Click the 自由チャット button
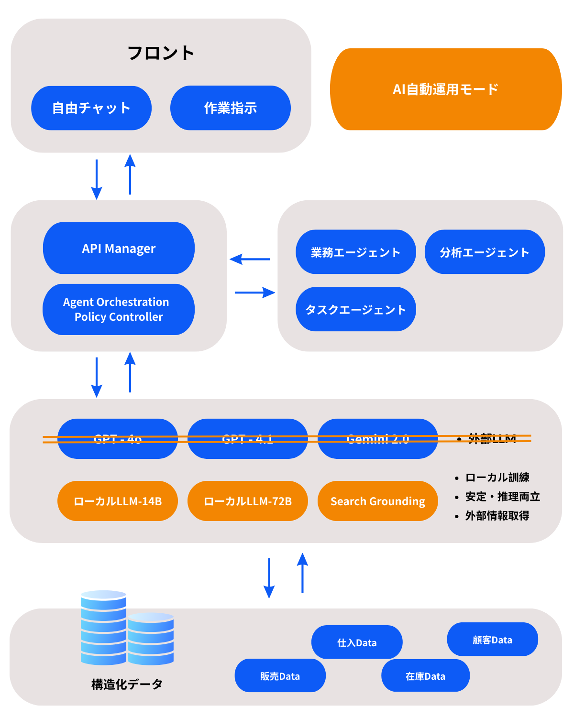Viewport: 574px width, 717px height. pyautogui.click(x=91, y=108)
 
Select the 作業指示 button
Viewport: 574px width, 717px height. pyautogui.click(x=230, y=108)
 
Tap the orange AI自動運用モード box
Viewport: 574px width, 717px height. pyautogui.click(x=446, y=89)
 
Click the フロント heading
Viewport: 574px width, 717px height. pyautogui.click(x=161, y=53)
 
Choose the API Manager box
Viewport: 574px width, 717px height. pyautogui.click(x=119, y=249)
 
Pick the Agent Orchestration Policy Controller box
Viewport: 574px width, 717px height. pyautogui.click(x=119, y=309)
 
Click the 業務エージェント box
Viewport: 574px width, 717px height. pyautogui.click(x=355, y=252)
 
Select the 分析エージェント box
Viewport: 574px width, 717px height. pyautogui.click(x=485, y=252)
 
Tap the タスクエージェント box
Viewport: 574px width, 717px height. pyautogui.click(x=355, y=309)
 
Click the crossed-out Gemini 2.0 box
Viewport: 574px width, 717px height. pyautogui.click(x=377, y=439)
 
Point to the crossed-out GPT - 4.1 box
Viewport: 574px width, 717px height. pyautogui.click(x=247, y=439)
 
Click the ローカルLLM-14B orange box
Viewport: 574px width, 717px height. pyautogui.click(x=118, y=501)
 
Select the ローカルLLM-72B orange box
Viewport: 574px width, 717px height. pyautogui.click(x=247, y=501)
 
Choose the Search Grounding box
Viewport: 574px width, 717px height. pyautogui.click(x=377, y=501)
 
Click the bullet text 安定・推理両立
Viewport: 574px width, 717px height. pyautogui.click(x=502, y=497)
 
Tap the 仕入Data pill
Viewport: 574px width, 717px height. pyautogui.click(x=357, y=642)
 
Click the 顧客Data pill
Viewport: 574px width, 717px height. pyautogui.click(x=492, y=640)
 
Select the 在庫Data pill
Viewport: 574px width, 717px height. pyautogui.click(x=425, y=676)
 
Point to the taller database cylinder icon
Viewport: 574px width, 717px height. pyautogui.click(x=103, y=628)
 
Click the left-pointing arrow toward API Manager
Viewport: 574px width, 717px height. pyautogui.click(x=250, y=260)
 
